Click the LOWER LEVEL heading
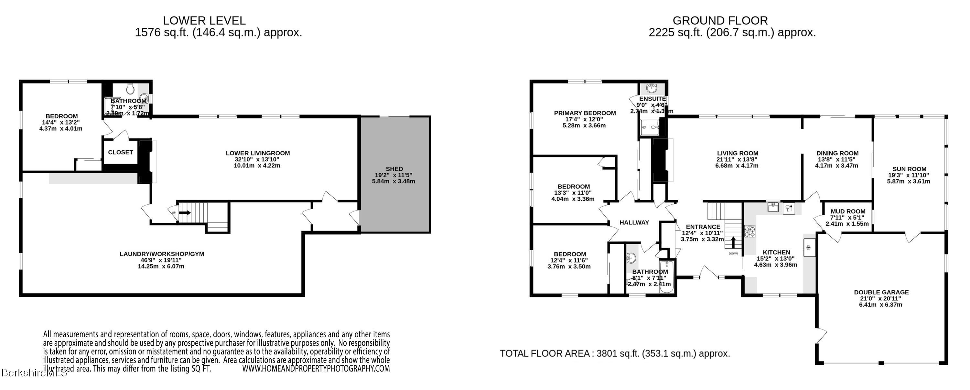pyautogui.click(x=204, y=20)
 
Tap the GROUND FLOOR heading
pyautogui.click(x=720, y=20)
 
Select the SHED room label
pyautogui.click(x=394, y=169)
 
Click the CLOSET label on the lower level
pyautogui.click(x=121, y=152)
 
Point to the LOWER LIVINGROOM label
pyautogui.click(x=258, y=153)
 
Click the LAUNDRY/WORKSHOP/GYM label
pyautogui.click(x=162, y=254)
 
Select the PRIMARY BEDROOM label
pyautogui.click(x=585, y=113)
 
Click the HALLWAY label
pyautogui.click(x=634, y=222)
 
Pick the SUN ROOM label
pyautogui.click(x=909, y=169)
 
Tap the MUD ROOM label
pyautogui.click(x=848, y=211)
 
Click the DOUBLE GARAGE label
pyautogui.click(x=881, y=292)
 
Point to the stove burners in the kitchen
pyautogui.click(x=749, y=231)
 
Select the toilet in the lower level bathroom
pyautogui.click(x=130, y=89)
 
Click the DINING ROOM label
pyautogui.click(x=837, y=153)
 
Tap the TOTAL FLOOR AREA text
pyautogui.click(x=615, y=353)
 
